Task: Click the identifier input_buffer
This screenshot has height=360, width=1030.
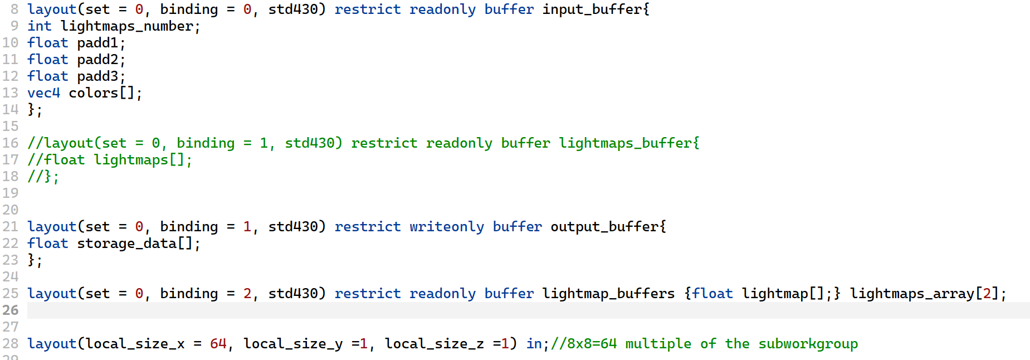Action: point(592,9)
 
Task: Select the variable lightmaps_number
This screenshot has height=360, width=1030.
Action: point(126,26)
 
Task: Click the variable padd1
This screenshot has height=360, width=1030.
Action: point(97,43)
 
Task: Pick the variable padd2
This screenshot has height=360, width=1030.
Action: point(97,60)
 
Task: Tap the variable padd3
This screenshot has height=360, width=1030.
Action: point(97,76)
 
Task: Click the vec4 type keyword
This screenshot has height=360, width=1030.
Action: point(43,93)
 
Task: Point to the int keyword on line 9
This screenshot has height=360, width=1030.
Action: point(40,26)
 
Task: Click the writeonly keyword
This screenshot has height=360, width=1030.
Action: point(447,227)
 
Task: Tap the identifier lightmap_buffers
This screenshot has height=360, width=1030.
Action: point(608,294)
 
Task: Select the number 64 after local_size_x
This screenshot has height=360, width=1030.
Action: point(218,344)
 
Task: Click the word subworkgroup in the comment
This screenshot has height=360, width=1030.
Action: point(808,344)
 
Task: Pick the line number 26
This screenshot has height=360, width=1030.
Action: point(11,310)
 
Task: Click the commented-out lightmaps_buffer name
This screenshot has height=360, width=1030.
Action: point(625,143)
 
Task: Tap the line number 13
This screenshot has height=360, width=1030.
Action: point(11,93)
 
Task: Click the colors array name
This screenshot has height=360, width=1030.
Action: point(93,93)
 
